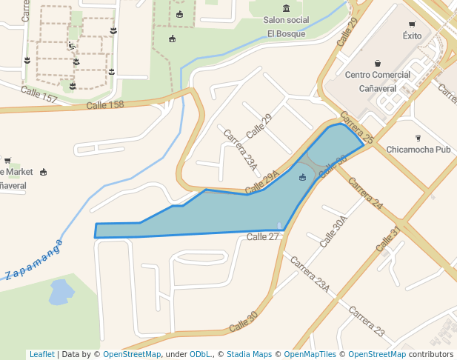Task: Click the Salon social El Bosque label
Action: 286,27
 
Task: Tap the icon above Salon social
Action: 286,8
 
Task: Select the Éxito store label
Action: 412,36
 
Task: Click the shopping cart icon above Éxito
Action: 412,24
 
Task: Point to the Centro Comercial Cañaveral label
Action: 378,81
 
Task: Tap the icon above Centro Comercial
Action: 378,63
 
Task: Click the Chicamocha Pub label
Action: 418,149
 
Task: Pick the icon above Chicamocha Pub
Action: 418,137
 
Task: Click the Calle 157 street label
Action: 39,95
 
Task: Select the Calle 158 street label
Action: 105,105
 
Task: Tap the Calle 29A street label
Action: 264,181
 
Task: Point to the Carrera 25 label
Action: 357,127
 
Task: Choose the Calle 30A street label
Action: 333,232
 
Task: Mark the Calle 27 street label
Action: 263,237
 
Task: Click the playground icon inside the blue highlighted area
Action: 302,177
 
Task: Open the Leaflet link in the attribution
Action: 41,354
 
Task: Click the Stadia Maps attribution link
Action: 249,354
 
